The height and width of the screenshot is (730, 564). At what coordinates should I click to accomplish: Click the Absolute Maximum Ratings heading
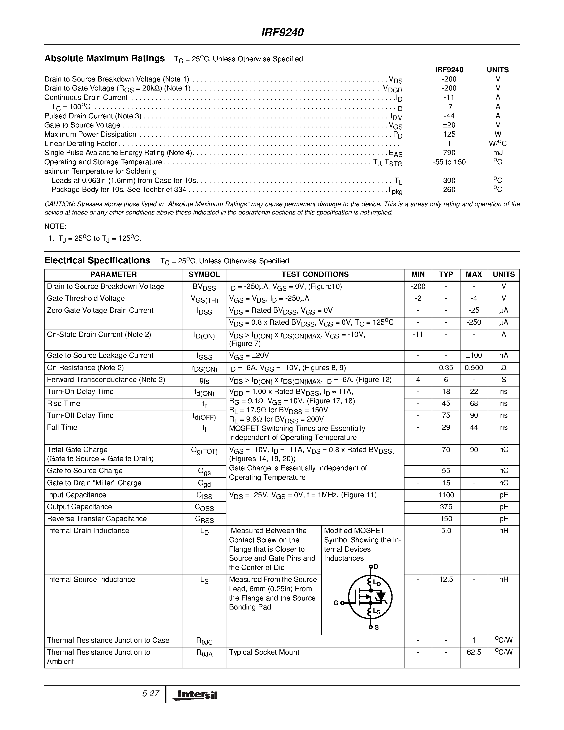(x=105, y=58)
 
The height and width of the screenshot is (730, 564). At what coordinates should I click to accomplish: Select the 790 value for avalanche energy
(x=449, y=153)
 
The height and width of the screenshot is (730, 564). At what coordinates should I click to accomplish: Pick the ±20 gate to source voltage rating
(x=449, y=125)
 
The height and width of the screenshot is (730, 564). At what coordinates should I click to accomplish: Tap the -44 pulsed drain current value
(x=449, y=116)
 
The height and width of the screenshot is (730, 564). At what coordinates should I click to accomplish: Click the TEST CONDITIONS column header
(x=315, y=274)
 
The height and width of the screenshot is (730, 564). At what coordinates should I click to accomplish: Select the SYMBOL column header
(x=204, y=274)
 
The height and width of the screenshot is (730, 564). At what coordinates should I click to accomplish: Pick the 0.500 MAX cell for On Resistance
(x=473, y=368)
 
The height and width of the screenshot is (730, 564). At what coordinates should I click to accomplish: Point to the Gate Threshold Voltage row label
(x=86, y=298)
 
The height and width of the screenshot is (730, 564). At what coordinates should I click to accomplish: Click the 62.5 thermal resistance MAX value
(x=473, y=652)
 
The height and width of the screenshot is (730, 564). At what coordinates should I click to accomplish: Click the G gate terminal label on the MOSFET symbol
(x=336, y=603)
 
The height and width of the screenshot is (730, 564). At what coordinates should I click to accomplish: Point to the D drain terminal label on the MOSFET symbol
(x=376, y=566)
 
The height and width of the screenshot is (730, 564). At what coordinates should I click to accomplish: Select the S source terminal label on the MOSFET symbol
(x=377, y=627)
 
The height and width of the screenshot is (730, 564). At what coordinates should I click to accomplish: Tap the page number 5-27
(x=151, y=694)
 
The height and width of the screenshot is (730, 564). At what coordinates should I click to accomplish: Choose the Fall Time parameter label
(x=62, y=427)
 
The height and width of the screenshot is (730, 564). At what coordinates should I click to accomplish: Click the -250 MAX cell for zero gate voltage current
(x=473, y=323)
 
